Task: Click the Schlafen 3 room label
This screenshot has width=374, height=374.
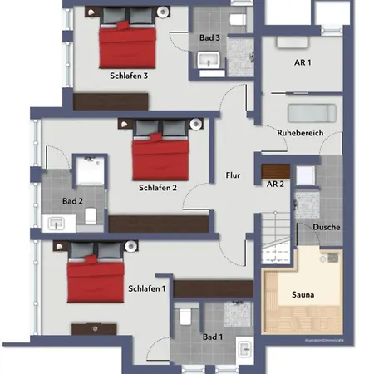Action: point(129,76)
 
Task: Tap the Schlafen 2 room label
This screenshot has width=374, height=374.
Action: point(158,188)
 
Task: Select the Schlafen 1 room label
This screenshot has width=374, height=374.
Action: point(147,288)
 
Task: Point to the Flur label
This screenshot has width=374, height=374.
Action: point(233,175)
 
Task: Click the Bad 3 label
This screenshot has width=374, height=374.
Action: point(209,37)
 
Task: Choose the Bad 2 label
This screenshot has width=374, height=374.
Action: point(72,200)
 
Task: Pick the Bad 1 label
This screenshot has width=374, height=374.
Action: point(212,337)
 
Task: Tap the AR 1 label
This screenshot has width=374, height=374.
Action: point(302,63)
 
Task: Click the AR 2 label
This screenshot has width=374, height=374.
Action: point(277,184)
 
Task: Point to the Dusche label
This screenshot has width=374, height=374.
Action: point(326,227)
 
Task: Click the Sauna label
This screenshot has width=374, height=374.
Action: point(302,294)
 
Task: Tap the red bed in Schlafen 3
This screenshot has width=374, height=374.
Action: point(126,46)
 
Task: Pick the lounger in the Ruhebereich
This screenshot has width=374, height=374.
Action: point(309,113)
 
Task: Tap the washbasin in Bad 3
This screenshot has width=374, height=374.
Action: point(209,61)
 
